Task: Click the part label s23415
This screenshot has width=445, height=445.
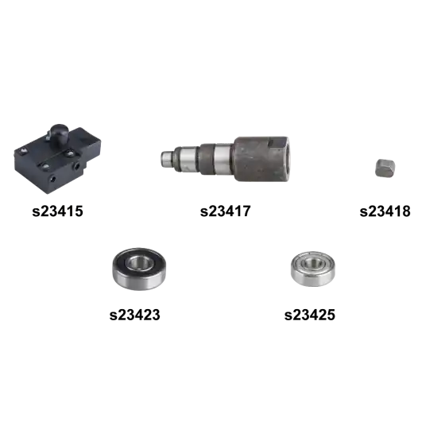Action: click(x=57, y=211)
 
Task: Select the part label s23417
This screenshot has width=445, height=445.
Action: click(x=226, y=211)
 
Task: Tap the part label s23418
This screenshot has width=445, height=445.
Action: click(x=385, y=211)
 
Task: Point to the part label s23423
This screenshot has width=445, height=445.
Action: click(x=135, y=315)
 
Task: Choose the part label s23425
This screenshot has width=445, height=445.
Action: click(x=310, y=315)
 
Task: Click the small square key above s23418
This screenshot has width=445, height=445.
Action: click(x=385, y=168)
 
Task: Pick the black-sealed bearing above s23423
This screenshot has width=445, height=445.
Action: click(x=139, y=269)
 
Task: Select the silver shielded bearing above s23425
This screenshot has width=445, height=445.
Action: click(x=312, y=269)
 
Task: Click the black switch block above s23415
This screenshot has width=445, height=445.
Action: click(x=58, y=159)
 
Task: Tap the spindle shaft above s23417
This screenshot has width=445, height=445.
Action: click(x=225, y=159)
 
